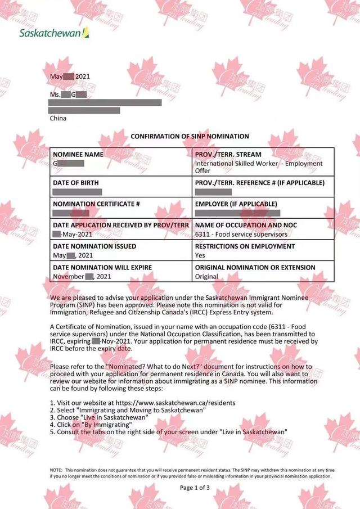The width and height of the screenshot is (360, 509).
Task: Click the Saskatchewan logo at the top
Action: (x=54, y=33)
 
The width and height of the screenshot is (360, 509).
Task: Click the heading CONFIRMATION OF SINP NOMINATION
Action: (x=190, y=137)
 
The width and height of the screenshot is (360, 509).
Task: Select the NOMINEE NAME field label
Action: (x=78, y=154)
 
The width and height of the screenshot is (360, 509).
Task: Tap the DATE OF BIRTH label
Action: (x=76, y=183)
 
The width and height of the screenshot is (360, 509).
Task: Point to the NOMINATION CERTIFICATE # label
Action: (x=96, y=204)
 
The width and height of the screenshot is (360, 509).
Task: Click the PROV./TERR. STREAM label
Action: (x=228, y=154)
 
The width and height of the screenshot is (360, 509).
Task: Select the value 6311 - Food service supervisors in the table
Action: (x=241, y=234)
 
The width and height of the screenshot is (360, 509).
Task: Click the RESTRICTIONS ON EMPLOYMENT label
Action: (x=245, y=246)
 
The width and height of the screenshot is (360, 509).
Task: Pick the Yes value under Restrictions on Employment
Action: (x=200, y=255)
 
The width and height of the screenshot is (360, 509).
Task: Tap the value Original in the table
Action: (x=206, y=277)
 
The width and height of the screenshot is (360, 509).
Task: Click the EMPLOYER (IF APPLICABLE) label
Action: (x=236, y=204)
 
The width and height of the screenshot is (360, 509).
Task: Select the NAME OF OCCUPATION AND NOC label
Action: (x=246, y=225)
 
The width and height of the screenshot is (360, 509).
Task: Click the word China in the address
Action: (x=58, y=119)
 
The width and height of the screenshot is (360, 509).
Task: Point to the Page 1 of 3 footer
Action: (x=195, y=488)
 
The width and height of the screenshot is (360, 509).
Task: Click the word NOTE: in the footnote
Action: (x=56, y=470)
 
